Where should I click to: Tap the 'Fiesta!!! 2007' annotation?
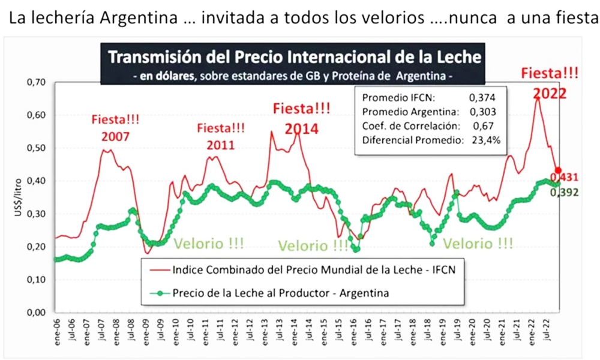[115, 128]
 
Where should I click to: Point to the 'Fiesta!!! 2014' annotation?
[302, 118]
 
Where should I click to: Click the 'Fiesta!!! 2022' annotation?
[550, 83]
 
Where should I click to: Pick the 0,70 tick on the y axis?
[37, 82]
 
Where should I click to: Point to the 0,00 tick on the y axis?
[37, 313]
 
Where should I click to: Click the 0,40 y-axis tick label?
[37, 181]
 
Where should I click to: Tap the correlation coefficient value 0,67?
[482, 127]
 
